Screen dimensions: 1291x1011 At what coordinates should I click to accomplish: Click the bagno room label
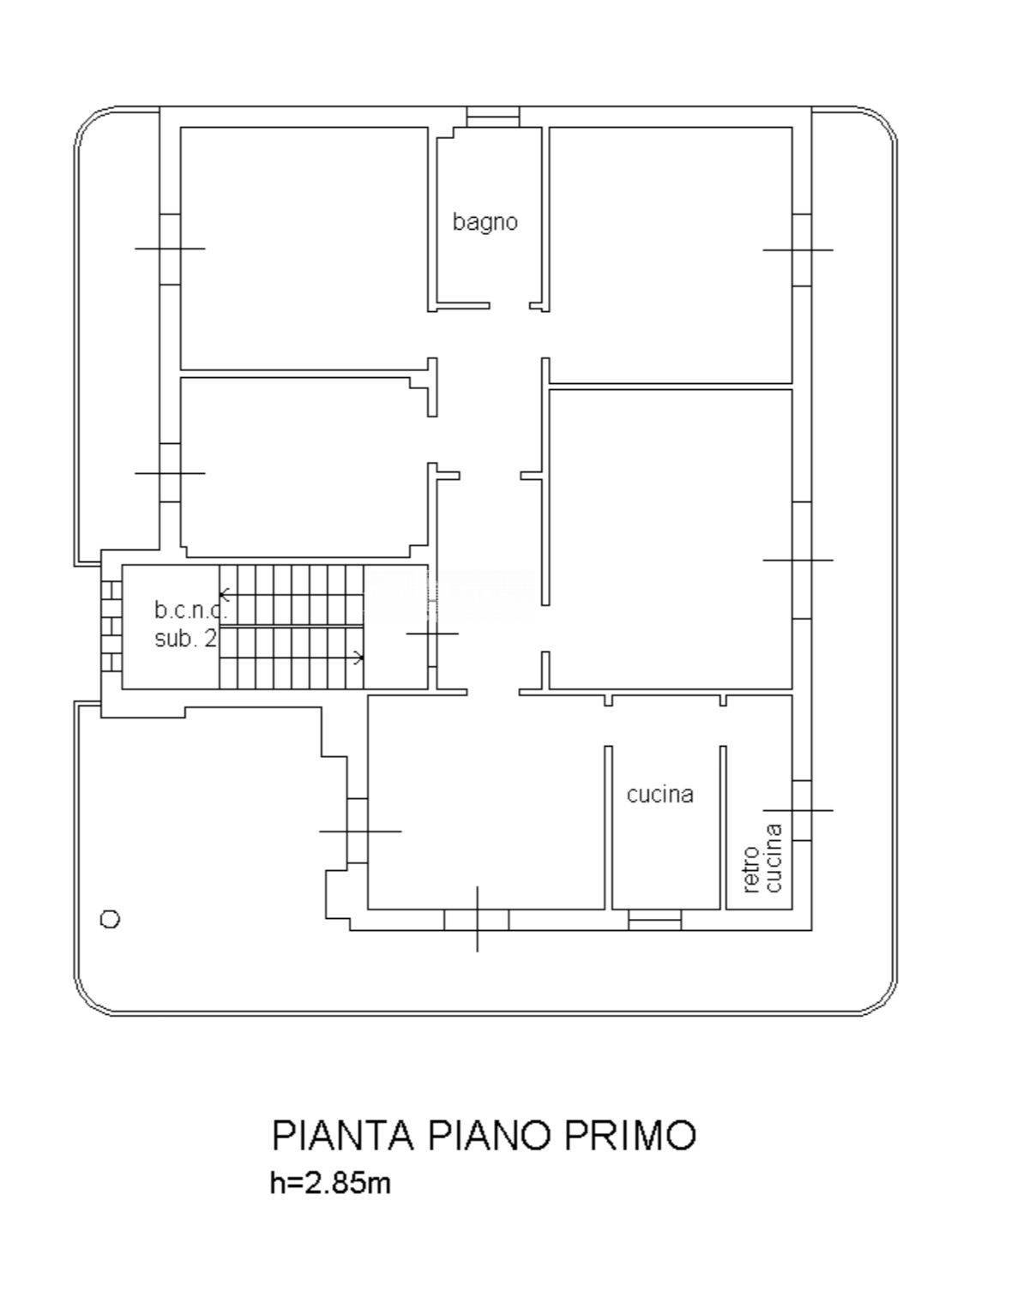coord(484,222)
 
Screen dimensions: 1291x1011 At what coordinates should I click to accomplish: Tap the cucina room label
coord(659,795)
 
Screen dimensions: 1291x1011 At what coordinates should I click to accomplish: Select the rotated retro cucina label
coord(763,858)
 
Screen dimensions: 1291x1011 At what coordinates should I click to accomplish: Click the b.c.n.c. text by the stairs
coord(190,610)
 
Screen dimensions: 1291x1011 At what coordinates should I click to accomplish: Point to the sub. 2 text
coord(185,639)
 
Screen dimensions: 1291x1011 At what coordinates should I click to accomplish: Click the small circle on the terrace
coord(110,919)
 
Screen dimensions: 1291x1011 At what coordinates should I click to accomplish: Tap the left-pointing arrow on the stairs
coord(225,594)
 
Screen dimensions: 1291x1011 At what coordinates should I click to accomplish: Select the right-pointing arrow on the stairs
coord(358,658)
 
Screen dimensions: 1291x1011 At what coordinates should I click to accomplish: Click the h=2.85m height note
coord(330,1184)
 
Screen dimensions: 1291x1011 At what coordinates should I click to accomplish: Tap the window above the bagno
coord(493,117)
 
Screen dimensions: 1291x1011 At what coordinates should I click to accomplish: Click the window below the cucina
coord(654,920)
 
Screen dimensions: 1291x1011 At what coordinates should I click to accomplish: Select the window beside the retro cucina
coord(801,810)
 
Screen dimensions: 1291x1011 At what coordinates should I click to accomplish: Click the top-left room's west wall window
coord(170,249)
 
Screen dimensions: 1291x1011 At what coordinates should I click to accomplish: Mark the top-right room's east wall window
coord(801,249)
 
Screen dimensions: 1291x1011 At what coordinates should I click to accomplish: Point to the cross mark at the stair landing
coord(432,633)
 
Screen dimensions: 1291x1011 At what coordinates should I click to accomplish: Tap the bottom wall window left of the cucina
coord(477,920)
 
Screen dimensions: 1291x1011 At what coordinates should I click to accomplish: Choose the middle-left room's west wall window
coord(170,472)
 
